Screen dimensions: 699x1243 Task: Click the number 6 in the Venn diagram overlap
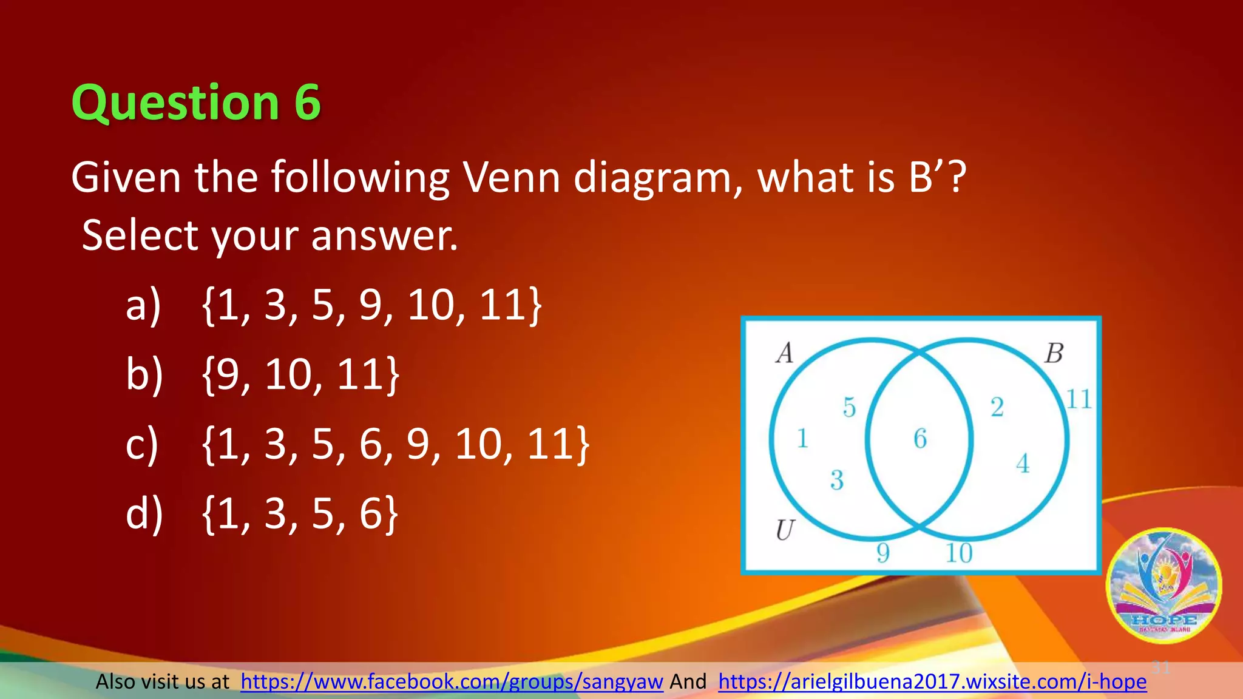920,439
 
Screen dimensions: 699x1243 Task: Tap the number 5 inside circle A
849,407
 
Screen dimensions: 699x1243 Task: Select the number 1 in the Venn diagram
802,438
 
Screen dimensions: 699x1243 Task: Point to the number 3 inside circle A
837,481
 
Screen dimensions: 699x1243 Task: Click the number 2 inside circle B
997,407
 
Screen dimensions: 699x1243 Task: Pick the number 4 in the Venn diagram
1023,464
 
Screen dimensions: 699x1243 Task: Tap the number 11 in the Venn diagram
1079,399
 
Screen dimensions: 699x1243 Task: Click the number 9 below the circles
883,553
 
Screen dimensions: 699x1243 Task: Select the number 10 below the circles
959,553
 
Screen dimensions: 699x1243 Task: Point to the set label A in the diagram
785,353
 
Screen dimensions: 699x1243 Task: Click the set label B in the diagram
1054,353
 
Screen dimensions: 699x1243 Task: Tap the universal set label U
785,530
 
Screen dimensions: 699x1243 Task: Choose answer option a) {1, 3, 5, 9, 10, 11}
334,305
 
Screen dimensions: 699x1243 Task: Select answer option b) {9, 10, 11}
263,375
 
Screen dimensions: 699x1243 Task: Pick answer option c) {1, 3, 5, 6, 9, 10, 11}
357,445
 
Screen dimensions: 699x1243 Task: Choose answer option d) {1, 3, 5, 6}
262,515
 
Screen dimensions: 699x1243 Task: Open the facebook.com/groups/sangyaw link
452,682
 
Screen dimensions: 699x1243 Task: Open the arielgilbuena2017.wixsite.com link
932,682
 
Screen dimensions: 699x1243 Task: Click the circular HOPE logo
1163,586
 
